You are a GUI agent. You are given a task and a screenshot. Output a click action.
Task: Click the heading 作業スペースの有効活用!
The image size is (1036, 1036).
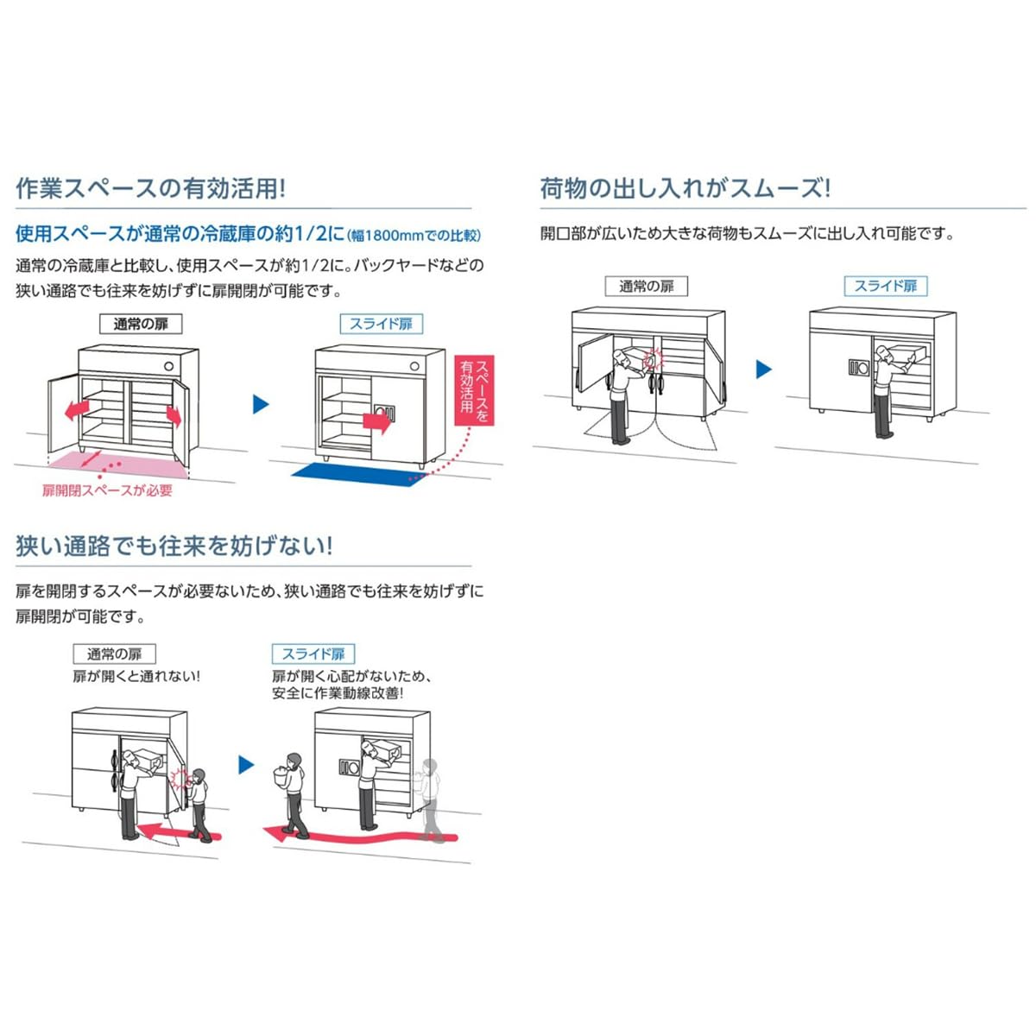point(150,188)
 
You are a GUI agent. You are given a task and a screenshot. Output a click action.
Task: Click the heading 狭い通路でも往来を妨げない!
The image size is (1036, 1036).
point(174,546)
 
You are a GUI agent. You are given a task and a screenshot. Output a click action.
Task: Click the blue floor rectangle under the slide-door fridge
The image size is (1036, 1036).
point(357,474)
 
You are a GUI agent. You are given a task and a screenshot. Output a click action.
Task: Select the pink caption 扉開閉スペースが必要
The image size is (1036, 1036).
point(107,490)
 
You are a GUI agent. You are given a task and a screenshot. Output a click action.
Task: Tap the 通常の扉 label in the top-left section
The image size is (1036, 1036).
point(141,325)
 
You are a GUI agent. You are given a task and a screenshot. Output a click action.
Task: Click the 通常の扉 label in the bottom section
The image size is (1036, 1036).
point(114,654)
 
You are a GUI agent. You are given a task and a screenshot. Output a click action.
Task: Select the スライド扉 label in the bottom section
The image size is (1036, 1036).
point(313,654)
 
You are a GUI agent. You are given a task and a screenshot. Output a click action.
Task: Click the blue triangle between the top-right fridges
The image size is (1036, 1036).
point(763,370)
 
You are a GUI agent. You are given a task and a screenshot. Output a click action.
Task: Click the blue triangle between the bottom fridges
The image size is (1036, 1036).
point(246,765)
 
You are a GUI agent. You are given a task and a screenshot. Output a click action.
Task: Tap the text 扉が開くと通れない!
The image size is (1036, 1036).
point(136,676)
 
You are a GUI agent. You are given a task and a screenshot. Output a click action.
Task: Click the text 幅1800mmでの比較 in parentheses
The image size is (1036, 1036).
point(414,235)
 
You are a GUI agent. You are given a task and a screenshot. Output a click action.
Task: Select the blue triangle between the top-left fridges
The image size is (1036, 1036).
point(260,404)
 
